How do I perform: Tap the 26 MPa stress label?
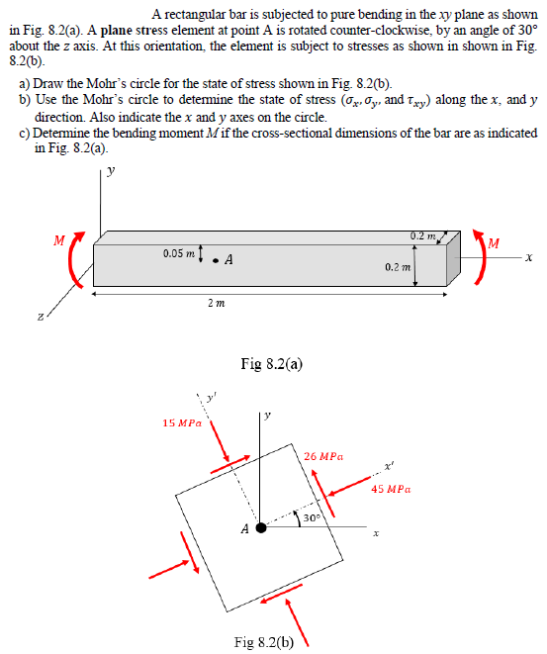[x=324, y=456]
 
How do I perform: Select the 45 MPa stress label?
[x=392, y=488]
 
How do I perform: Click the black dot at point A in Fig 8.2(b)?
[x=261, y=527]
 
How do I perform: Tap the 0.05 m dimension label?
[x=180, y=254]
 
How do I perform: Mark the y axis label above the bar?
[x=111, y=169]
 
